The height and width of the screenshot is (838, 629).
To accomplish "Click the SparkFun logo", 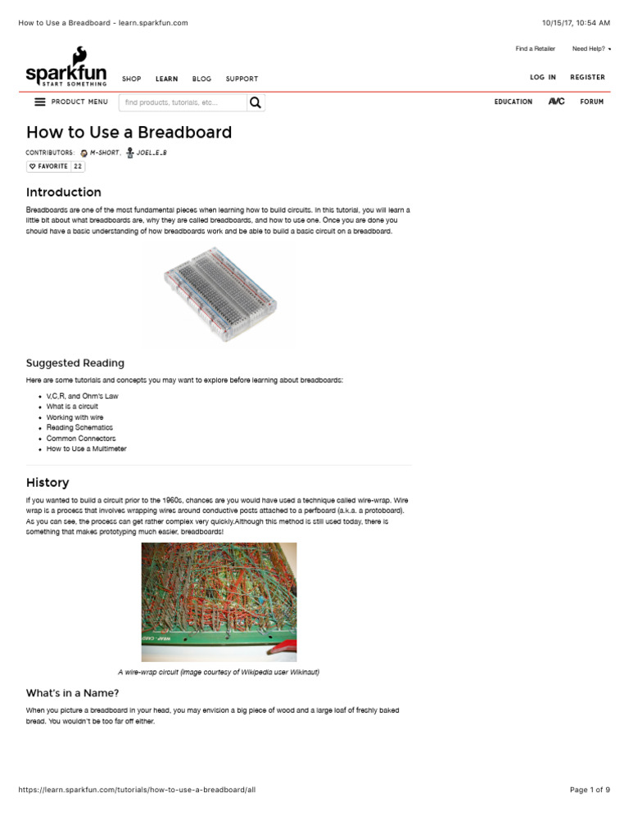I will pos(66,68).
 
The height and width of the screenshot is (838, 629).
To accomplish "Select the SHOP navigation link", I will pos(131,79).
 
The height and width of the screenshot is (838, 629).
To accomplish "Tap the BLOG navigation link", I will pos(201,79).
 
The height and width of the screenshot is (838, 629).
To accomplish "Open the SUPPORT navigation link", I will pos(242,79).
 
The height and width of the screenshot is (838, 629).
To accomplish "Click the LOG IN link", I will pos(542,78).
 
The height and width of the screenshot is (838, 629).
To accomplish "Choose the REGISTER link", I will pos(587,78).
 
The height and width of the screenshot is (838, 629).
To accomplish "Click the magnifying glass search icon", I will pos(256,102).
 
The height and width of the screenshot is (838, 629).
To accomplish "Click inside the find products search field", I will pos(182,102).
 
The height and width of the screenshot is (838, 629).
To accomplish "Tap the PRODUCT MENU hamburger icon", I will pos(40,102).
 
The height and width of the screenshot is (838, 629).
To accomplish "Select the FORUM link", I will pos(591,102).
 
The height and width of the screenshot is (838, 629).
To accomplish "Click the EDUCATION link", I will pos(513,102).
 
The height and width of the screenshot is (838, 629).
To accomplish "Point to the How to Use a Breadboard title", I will pos(129,133).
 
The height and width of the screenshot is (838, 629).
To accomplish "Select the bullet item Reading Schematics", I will pos(79,427).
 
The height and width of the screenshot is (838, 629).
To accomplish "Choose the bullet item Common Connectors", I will pos(80,438).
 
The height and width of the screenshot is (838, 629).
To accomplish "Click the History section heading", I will pos(48,483).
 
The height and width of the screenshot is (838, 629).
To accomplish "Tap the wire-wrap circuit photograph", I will pos(219,602).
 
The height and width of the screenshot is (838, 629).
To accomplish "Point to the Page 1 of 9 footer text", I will pos(590,790).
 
